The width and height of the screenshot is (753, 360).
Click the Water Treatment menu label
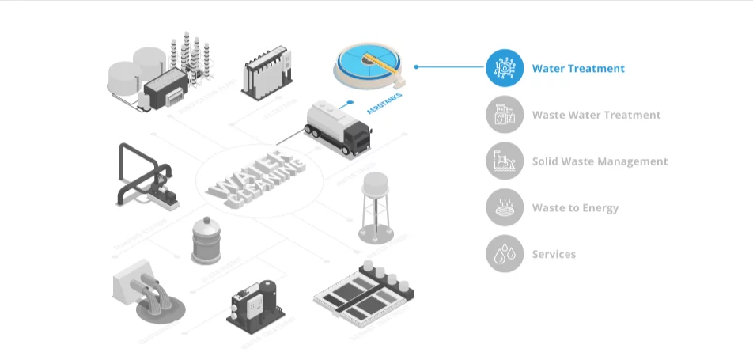click(578, 69)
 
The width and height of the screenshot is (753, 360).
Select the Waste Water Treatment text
click(596, 115)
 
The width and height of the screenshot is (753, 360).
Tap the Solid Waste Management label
click(600, 161)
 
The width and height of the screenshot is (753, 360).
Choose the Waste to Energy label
click(575, 208)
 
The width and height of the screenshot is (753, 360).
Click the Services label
click(554, 254)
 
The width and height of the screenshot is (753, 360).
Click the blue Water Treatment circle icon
click(505, 69)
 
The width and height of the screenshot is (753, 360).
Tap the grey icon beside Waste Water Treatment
click(505, 115)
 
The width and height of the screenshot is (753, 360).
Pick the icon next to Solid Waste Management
click(505, 161)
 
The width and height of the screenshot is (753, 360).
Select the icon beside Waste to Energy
click(505, 208)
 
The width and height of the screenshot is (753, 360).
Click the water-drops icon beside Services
click(505, 254)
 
